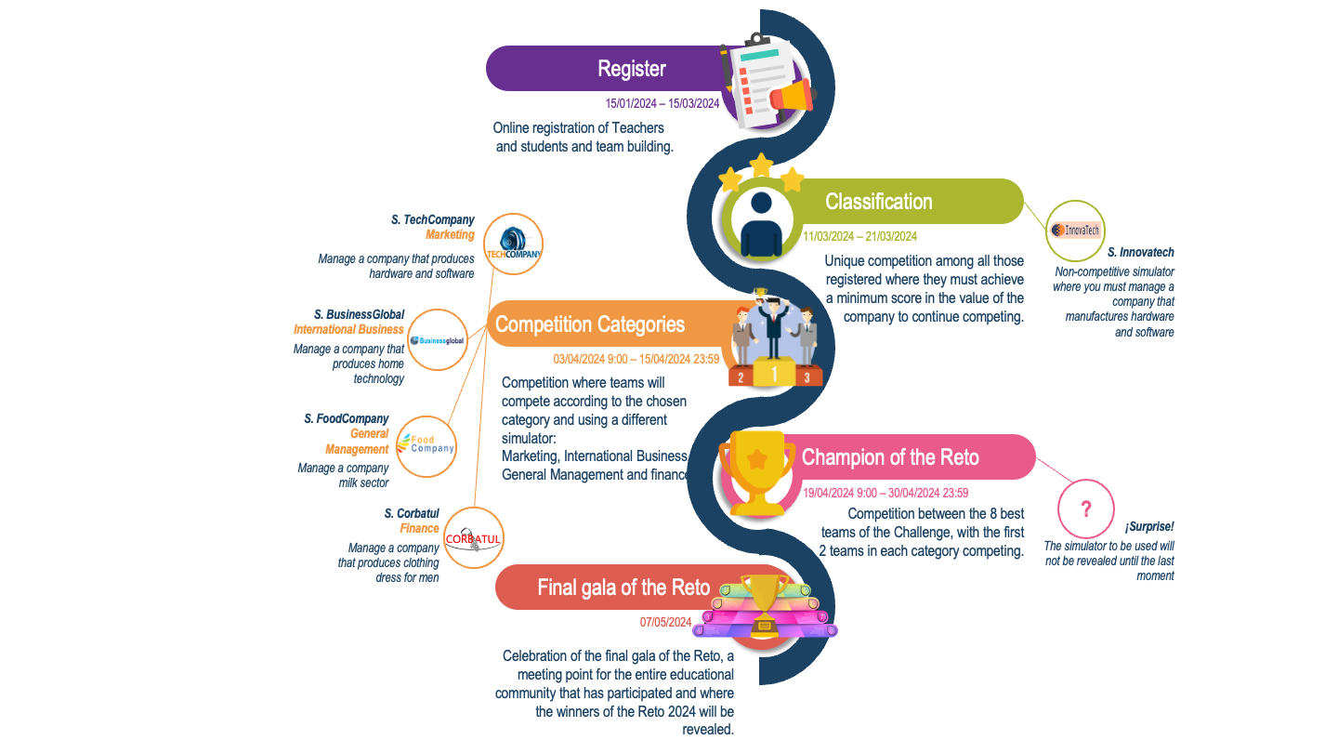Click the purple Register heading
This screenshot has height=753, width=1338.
click(x=632, y=69)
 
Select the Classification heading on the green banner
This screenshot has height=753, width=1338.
click(x=878, y=202)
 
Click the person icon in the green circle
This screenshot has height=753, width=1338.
click(x=762, y=223)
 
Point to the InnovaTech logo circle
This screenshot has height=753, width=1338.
click(x=1075, y=231)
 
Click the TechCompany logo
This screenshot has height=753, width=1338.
click(x=514, y=244)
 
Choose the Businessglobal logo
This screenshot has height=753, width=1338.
click(x=438, y=340)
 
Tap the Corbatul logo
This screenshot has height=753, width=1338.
click(x=474, y=539)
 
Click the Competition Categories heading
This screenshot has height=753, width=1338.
click(x=590, y=324)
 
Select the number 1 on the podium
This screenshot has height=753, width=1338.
click(x=773, y=374)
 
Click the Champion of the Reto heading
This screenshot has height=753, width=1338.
click(x=890, y=457)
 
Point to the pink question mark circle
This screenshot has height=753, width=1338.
click(x=1086, y=509)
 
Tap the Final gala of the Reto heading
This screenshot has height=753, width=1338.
click(x=623, y=588)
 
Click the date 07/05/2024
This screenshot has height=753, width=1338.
click(x=665, y=622)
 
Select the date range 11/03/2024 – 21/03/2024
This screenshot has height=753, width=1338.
click(x=859, y=236)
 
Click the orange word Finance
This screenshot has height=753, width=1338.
click(x=419, y=529)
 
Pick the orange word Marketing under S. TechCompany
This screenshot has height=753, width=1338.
click(x=450, y=235)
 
